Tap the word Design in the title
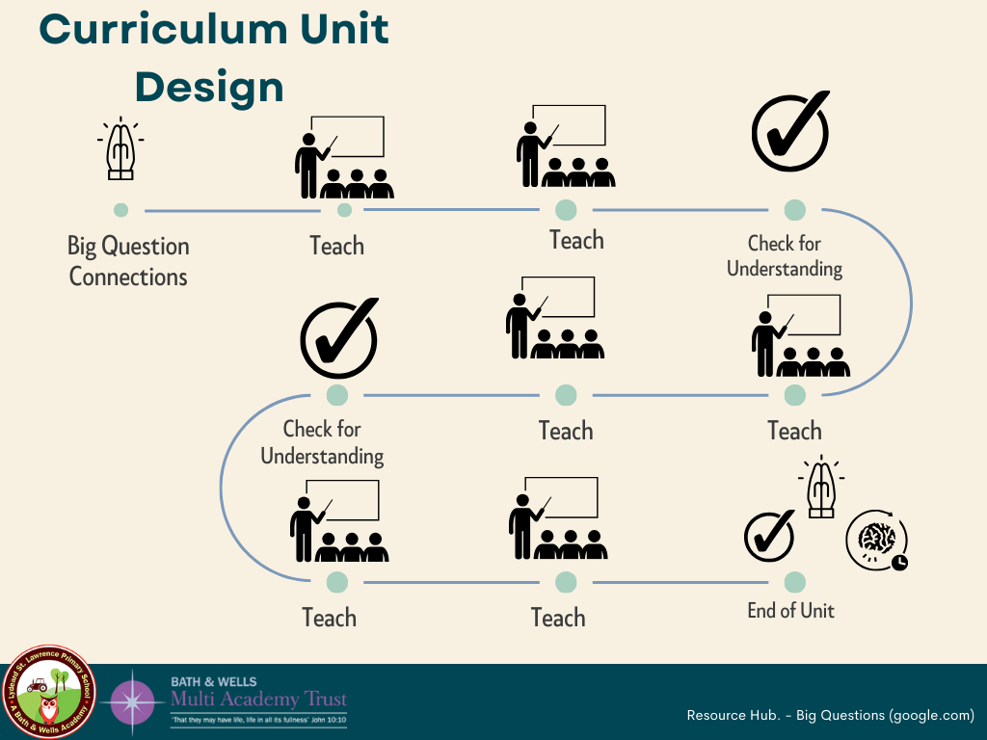(209, 88)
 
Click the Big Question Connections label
(128, 261)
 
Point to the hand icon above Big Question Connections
(120, 149)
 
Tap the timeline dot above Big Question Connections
(120, 210)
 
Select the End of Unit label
(790, 610)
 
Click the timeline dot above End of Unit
(794, 582)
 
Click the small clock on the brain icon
(898, 562)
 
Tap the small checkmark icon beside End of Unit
(769, 537)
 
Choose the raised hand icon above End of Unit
(821, 489)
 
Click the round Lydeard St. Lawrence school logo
(49, 692)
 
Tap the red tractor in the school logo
(38, 685)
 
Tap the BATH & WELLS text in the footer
(214, 682)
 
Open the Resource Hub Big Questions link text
(830, 716)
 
